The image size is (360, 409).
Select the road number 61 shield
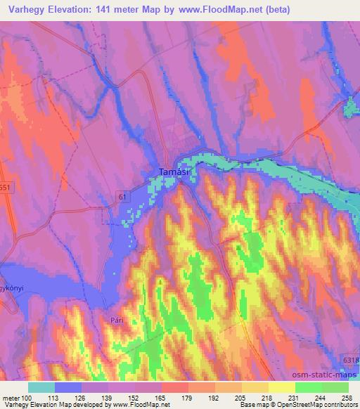124,197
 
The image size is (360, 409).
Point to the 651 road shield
6,188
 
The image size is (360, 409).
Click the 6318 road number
351,360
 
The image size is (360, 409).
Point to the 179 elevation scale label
188,397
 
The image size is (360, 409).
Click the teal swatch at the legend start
41,387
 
